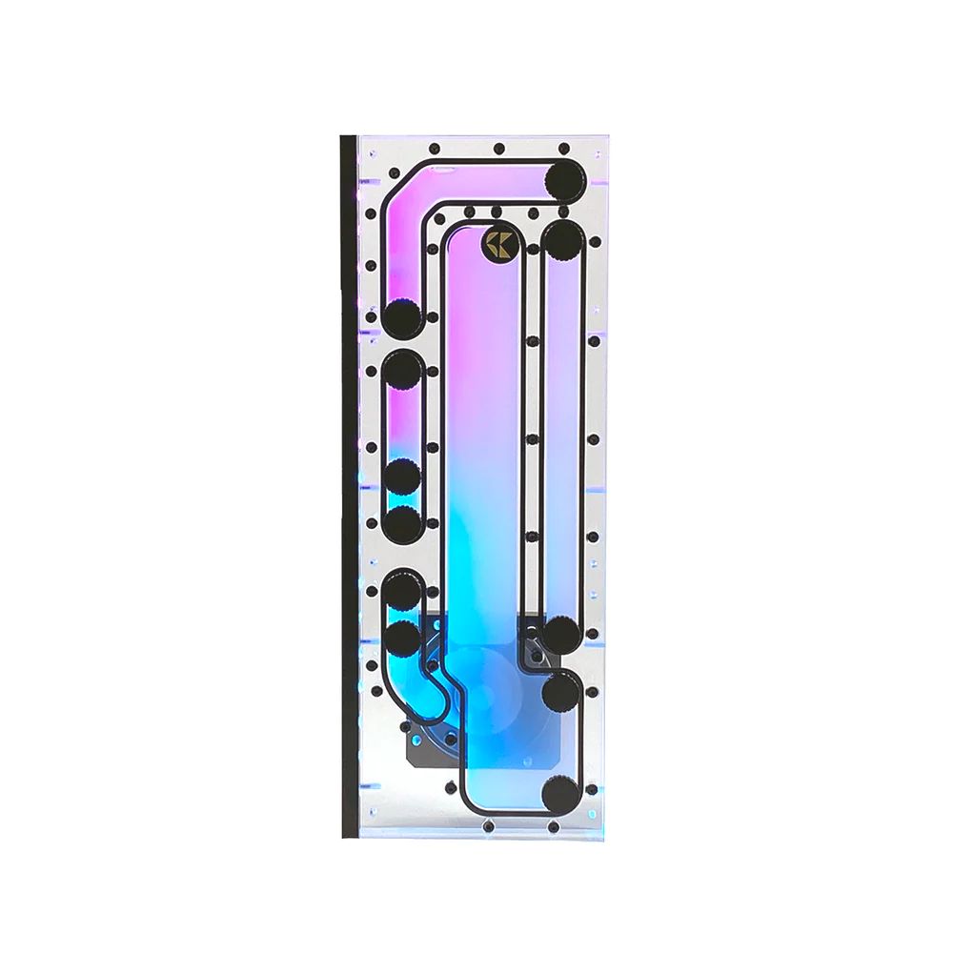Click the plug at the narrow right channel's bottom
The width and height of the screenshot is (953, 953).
click(x=561, y=634)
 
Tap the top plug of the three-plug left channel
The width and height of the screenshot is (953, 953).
click(x=403, y=368)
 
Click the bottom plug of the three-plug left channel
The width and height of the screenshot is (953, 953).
click(x=403, y=523)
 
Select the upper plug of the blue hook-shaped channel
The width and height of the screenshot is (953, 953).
click(x=403, y=591)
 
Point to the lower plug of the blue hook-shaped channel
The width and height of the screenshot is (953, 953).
click(x=403, y=636)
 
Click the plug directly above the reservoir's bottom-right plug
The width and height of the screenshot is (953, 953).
click(x=561, y=692)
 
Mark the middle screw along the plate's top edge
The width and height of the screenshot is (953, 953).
click(x=497, y=150)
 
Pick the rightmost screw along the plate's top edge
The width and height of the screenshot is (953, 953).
click(x=561, y=150)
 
